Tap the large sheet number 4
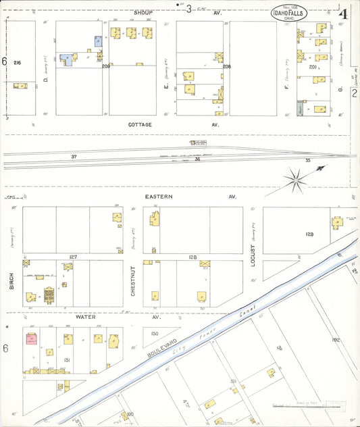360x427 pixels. point(344,13)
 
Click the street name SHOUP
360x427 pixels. point(143,12)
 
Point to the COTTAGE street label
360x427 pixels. point(140,125)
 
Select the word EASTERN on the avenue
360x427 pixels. point(159,196)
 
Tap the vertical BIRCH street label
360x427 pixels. point(12,281)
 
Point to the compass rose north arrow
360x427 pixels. point(296,178)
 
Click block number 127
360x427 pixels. point(73,257)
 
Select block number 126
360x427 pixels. point(192,257)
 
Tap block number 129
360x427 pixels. point(309,234)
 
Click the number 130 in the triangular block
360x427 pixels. point(154,334)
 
